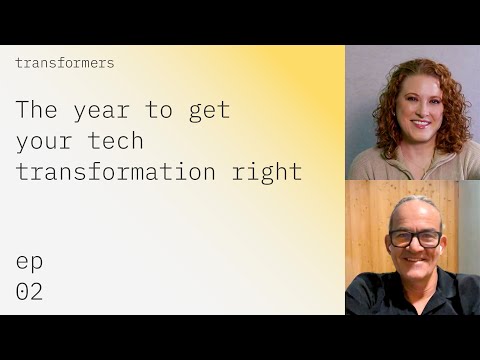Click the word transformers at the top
(65, 63)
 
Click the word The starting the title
(37, 110)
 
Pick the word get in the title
(208, 110)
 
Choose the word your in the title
(44, 141)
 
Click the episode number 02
(29, 292)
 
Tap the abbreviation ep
(29, 262)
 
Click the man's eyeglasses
(416, 238)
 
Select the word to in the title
(161, 110)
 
